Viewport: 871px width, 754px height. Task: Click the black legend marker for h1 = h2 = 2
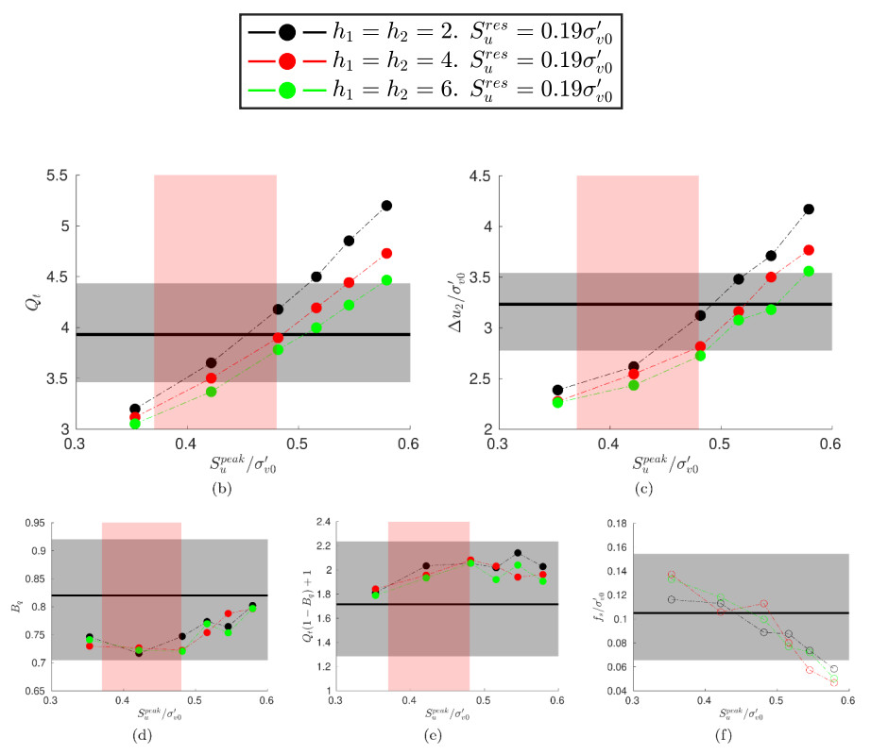pyautogui.click(x=288, y=32)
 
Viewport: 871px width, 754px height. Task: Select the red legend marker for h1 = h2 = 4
pyautogui.click(x=288, y=61)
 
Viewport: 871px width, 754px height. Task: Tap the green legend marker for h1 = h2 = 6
pyautogui.click(x=288, y=91)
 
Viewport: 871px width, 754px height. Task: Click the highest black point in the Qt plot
pyautogui.click(x=386, y=205)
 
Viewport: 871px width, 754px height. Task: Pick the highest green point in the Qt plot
pyautogui.click(x=386, y=279)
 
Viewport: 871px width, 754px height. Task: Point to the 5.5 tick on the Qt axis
pyautogui.click(x=55, y=176)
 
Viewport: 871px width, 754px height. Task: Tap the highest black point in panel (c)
pyautogui.click(x=809, y=209)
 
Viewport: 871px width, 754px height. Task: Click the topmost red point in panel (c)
pyautogui.click(x=809, y=250)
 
